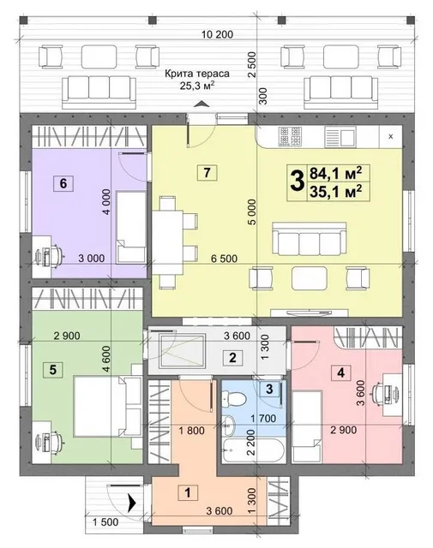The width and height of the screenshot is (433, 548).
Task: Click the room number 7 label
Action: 207,172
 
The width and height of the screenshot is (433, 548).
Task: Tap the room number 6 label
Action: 63,183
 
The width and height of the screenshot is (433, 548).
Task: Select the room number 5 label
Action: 53,369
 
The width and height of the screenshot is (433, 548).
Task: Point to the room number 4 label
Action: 340,372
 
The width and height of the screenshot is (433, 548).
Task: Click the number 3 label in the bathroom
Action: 269,389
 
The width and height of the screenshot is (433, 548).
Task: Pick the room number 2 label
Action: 232,357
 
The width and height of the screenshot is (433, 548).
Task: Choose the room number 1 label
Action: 188,493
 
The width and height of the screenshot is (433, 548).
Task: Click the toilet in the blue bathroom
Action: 234,398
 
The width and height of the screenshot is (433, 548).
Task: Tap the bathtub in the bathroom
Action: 252,450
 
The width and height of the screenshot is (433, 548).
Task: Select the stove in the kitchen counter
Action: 290,136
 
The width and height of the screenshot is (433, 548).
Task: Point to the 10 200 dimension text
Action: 218,34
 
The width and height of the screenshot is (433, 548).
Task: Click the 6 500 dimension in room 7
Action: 224,259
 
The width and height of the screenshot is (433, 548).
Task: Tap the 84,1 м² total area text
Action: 336,173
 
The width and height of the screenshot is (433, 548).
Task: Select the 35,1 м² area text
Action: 336,192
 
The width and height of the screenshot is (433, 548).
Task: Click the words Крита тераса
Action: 197,74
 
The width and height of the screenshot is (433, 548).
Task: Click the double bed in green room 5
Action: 107,406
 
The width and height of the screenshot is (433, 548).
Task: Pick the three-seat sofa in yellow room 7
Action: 310,239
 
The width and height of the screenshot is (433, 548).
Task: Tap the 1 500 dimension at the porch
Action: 105,522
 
